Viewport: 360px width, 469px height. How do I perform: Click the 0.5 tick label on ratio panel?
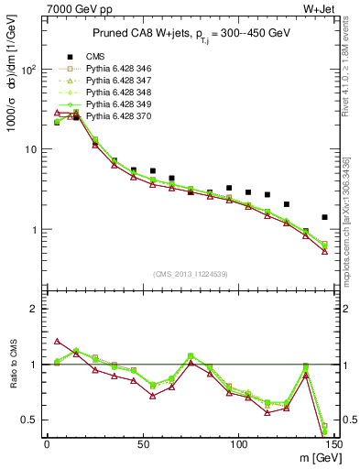click(30, 420)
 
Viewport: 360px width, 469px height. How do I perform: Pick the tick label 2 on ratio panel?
click(34, 310)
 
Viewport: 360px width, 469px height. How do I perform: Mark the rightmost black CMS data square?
click(324, 217)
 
